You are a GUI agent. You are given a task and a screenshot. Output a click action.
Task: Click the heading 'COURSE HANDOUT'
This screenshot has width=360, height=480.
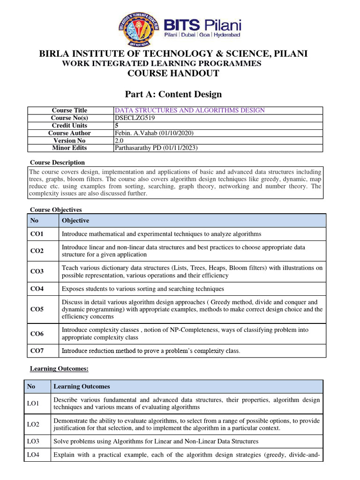173,74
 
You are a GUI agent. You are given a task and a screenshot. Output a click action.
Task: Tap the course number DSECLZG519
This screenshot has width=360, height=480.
133,118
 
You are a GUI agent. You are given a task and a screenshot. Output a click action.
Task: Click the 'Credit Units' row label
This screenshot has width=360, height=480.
69,126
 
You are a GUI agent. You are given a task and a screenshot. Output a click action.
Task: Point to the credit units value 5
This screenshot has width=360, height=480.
117,126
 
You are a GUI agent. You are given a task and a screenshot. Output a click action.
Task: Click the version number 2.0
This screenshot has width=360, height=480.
119,141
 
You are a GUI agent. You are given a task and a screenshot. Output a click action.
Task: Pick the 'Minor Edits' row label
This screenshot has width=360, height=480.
69,148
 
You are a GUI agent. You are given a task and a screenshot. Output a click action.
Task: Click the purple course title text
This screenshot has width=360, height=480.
190,111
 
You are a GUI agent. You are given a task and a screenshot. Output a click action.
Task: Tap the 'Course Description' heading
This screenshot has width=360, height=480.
58,163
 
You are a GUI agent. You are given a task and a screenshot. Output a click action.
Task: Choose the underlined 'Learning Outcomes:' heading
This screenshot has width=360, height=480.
59,369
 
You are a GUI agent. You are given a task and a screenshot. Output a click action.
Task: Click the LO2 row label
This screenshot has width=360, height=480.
33,424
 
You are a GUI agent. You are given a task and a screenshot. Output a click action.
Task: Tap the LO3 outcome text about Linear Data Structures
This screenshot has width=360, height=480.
156,442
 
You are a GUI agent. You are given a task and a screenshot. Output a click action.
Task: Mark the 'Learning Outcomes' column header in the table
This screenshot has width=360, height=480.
82,387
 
